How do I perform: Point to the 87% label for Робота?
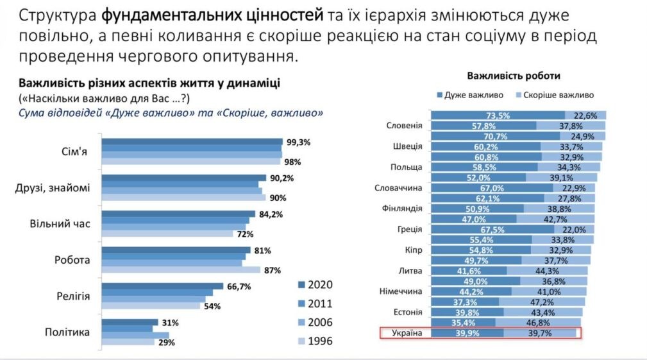[x=273, y=270]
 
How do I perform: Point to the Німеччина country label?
[x=401, y=291]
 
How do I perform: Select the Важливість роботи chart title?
[x=514, y=76]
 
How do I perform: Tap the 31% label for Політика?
[x=170, y=322]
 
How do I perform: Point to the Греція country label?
[x=410, y=230]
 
